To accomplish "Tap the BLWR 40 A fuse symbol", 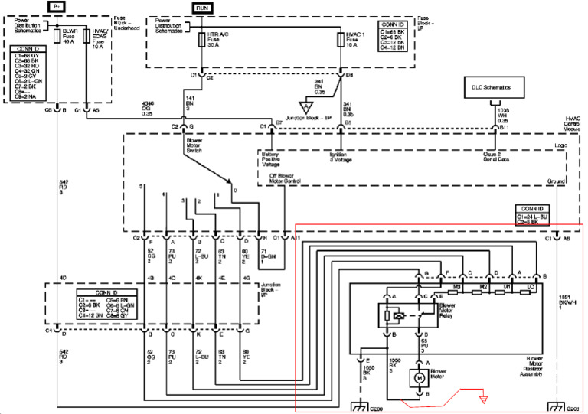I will [57, 36].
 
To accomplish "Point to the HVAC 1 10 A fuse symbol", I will [341, 36].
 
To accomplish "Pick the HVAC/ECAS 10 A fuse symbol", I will [86, 36].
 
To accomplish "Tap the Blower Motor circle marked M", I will [419, 377].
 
